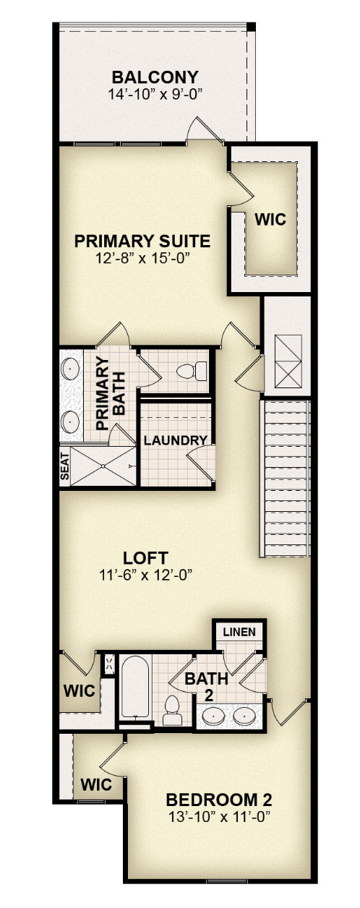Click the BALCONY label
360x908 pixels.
click(155, 77)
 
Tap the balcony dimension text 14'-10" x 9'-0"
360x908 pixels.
click(155, 95)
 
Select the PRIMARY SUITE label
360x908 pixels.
click(142, 241)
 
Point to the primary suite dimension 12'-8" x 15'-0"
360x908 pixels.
click(143, 258)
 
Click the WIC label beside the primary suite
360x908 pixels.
click(270, 219)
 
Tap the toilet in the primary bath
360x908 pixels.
click(192, 371)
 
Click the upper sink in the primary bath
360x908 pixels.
click(69, 369)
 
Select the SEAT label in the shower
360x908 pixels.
click(65, 466)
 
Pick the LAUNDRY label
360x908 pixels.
click(176, 440)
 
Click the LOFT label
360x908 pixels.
click(145, 558)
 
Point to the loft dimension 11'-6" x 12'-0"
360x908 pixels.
click(145, 575)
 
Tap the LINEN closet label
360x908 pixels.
click(239, 632)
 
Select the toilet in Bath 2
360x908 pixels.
click(172, 710)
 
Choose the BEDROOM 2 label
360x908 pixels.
click(219, 800)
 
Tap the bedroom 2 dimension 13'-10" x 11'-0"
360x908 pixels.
click(219, 816)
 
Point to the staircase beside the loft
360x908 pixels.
click(285, 478)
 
